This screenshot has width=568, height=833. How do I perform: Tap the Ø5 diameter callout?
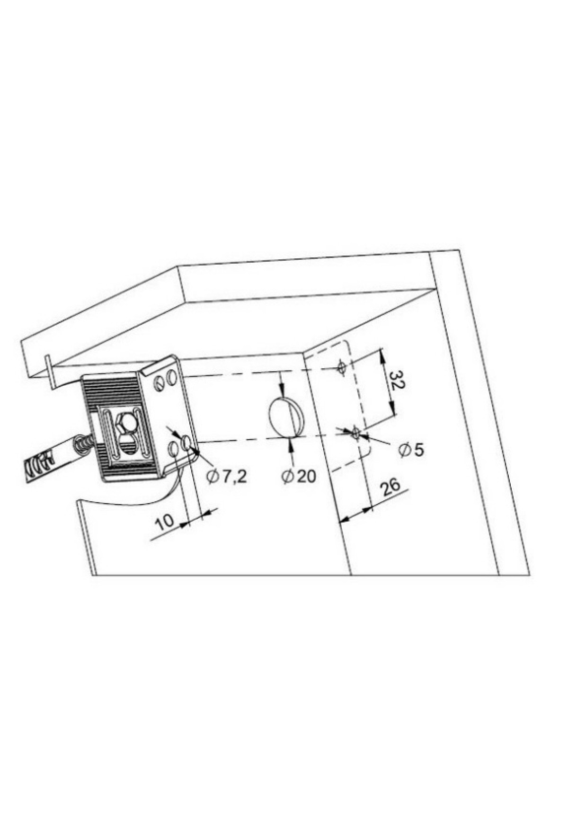411,450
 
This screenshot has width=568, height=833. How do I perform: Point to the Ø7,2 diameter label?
226,477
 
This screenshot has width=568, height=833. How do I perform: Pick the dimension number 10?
165,522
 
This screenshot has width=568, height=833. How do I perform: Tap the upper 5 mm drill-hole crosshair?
342,367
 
